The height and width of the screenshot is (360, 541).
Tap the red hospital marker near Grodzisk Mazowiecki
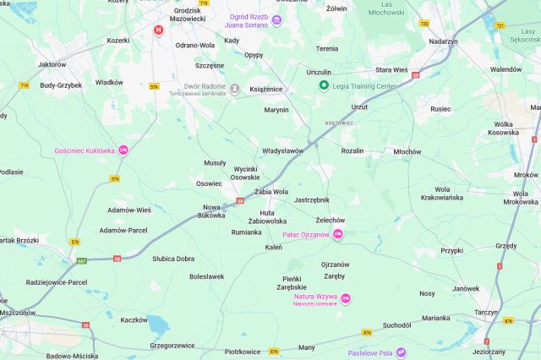158,30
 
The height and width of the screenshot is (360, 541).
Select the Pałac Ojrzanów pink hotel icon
338,234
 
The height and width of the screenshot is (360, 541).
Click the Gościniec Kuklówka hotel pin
123,150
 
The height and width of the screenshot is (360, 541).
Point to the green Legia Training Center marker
323,85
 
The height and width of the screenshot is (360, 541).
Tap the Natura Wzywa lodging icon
346,298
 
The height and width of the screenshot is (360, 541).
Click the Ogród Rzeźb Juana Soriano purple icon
276,20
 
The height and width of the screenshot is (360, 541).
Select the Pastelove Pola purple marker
402,352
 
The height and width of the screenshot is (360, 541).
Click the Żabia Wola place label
271,192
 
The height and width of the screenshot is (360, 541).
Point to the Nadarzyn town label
443,41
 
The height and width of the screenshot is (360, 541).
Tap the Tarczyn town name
486,311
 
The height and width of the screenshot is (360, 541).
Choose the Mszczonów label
17,312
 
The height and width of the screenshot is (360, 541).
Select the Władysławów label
282,150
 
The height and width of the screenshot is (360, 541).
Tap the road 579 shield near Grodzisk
154,86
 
